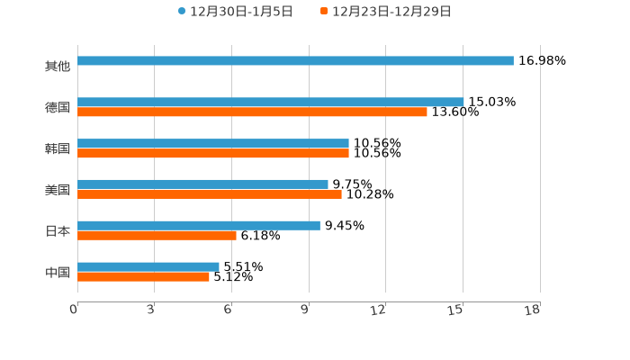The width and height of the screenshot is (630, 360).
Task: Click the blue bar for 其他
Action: (295, 61)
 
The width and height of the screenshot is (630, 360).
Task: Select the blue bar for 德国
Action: (270, 103)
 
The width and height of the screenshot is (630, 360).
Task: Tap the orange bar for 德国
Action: (252, 112)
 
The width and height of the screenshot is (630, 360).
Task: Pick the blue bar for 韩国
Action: (213, 144)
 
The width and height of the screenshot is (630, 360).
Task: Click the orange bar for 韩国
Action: (213, 154)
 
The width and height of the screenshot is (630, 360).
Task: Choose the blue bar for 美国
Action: (202, 184)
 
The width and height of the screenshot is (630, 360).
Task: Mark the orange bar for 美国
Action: (210, 194)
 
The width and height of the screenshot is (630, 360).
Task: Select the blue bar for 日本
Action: (199, 226)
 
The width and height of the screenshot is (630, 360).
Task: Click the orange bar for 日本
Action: (157, 236)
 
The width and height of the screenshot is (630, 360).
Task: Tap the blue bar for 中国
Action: (148, 267)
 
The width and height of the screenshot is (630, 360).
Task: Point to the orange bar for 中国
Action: (143, 277)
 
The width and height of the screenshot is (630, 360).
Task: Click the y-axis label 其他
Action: (58, 67)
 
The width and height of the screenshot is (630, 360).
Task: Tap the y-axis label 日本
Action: (58, 231)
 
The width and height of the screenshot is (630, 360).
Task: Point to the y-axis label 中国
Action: (58, 272)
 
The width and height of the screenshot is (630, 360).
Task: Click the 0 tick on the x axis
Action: (74, 310)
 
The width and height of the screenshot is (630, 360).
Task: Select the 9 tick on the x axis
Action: (306, 310)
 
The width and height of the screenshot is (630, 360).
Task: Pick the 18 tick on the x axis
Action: (533, 310)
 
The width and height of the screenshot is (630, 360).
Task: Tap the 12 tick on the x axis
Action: (379, 310)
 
